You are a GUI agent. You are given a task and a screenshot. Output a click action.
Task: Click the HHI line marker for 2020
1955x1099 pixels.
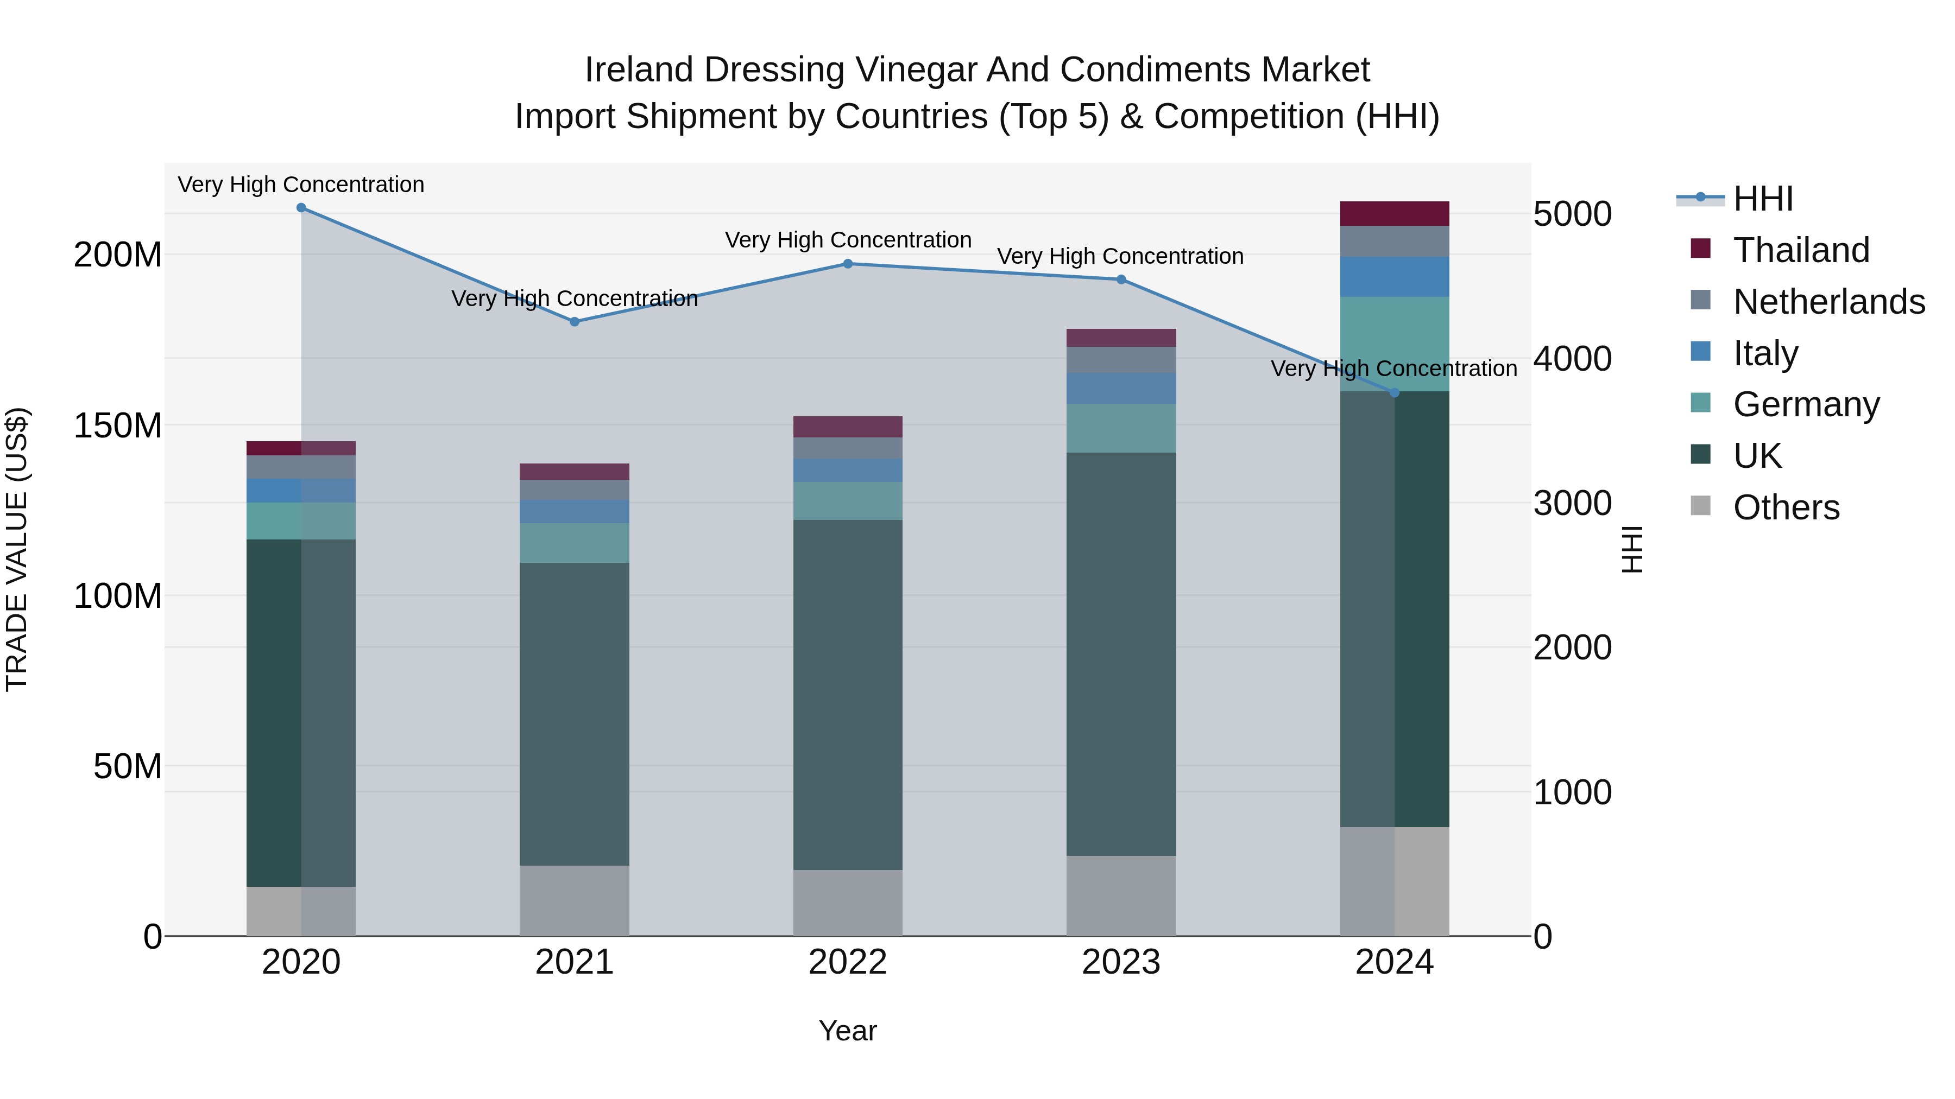point(301,208)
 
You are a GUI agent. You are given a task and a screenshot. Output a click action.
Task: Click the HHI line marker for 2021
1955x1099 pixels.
point(575,322)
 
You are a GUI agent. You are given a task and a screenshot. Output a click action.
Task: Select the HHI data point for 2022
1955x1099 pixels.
point(848,264)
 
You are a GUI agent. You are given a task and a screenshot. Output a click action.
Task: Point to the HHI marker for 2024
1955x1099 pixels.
point(1394,393)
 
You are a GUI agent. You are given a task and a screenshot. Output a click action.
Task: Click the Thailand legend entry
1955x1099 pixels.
point(1801,250)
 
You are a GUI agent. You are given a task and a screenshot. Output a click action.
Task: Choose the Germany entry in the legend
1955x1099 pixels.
point(1806,404)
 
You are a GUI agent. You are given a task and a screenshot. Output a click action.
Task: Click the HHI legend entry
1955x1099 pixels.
point(1762,199)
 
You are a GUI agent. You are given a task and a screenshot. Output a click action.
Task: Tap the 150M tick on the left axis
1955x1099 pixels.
point(118,425)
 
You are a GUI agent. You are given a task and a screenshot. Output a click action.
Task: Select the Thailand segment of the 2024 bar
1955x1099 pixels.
point(1394,214)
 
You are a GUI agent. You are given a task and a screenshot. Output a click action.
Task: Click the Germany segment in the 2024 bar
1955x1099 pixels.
point(1394,344)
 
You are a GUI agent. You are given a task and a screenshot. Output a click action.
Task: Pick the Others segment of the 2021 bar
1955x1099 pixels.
point(575,900)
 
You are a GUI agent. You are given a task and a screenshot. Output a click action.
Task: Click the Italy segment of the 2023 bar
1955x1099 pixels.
point(1121,389)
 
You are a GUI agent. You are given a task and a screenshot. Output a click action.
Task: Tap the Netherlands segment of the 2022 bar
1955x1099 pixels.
point(848,448)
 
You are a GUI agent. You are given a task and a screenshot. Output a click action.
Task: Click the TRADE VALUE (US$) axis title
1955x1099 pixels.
point(17,549)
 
